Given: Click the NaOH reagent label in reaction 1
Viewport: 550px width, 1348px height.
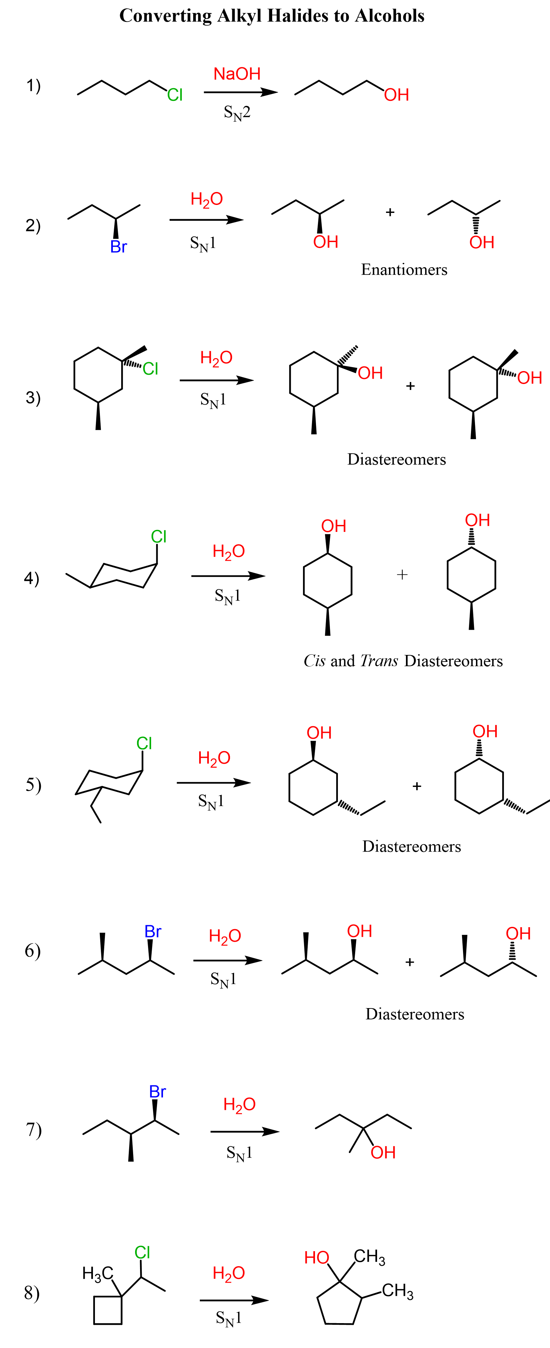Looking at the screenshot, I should (237, 74).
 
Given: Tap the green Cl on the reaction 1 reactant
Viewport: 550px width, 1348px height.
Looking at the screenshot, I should (175, 95).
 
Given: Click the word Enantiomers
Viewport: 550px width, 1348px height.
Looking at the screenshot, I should (404, 270).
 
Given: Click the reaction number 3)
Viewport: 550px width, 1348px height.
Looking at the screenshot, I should (33, 398).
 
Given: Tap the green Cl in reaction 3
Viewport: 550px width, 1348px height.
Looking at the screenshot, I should (150, 369).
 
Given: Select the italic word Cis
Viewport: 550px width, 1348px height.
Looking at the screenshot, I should (314, 661).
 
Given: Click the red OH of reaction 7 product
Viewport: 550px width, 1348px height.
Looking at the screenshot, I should (383, 1152).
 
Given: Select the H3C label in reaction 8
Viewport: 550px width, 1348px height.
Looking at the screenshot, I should (98, 1273).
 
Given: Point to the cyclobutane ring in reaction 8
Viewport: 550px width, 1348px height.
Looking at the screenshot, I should (108, 1310).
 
